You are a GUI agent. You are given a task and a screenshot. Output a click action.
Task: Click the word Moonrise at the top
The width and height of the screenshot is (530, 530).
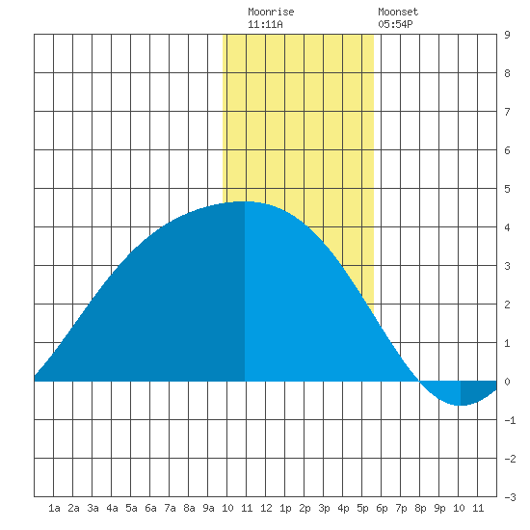[x=271, y=12]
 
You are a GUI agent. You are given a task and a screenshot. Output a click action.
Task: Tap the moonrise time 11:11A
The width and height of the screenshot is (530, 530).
[x=265, y=24]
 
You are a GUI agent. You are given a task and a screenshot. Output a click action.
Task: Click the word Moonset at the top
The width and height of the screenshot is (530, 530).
[x=398, y=12]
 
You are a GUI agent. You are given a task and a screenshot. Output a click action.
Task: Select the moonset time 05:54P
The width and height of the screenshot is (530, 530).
[x=395, y=24]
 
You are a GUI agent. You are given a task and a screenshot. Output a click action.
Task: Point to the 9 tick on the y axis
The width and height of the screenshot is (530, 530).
[x=507, y=35]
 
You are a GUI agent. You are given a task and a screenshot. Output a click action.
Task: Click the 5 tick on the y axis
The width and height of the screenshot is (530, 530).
[x=507, y=189]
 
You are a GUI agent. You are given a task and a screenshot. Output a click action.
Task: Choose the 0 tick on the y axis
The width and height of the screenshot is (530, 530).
[x=507, y=382]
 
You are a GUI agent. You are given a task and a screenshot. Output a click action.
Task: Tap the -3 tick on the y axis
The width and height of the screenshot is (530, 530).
[x=510, y=497]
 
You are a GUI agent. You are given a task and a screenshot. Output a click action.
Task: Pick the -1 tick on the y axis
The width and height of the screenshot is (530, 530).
[x=510, y=420]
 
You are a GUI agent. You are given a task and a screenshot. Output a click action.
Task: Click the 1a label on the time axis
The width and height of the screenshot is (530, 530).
[x=54, y=508]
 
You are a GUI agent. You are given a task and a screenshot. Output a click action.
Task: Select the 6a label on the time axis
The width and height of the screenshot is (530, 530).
[x=150, y=508]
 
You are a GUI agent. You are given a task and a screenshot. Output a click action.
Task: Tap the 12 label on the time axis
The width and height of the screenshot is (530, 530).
[x=266, y=508]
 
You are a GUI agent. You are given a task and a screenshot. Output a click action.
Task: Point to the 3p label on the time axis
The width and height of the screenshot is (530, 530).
[x=324, y=508]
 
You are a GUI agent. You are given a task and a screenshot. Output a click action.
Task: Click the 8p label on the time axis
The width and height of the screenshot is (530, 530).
[x=420, y=508]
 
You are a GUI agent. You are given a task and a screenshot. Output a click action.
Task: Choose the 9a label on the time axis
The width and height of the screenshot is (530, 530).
[x=208, y=508]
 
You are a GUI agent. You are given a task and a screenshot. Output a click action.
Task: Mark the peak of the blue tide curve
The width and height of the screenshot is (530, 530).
[x=245, y=201]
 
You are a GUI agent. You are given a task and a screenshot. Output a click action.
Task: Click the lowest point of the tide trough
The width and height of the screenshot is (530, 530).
[x=461, y=405]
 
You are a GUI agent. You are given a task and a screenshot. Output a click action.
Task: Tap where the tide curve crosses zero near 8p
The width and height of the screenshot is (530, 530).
[x=419, y=382]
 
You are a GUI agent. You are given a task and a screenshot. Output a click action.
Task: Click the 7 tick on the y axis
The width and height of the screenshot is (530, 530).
[x=507, y=112]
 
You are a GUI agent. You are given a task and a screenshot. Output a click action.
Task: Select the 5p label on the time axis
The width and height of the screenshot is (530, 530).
[x=362, y=508]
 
